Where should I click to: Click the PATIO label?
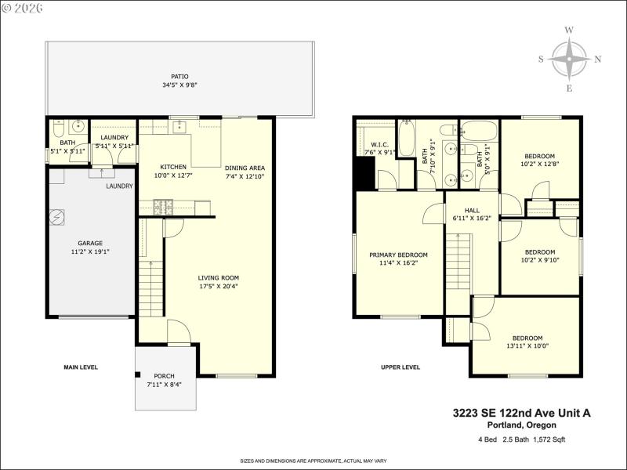(x=179, y=76)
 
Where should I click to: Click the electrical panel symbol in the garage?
(x=57, y=219)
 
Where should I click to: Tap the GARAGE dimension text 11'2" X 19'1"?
(x=89, y=252)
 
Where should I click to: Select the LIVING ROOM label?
(x=218, y=277)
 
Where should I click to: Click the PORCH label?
(x=164, y=375)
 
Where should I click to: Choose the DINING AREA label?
(x=245, y=168)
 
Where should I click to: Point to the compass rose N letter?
(x=598, y=59)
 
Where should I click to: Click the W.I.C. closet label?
(x=380, y=144)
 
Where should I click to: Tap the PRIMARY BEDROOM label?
(x=399, y=255)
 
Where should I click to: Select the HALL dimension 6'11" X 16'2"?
(x=472, y=219)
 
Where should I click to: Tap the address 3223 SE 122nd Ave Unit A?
(x=520, y=412)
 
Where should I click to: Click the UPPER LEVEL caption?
(x=400, y=367)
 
